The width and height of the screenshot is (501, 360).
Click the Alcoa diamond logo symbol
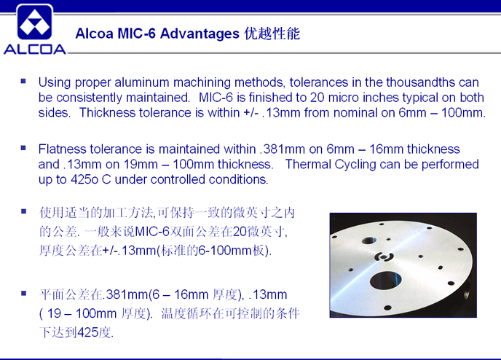[x=35, y=23]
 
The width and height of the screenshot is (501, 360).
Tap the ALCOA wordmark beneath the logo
[x=35, y=50]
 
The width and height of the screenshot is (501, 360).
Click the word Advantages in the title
[x=200, y=34]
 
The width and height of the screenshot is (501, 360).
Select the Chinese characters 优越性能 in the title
[x=272, y=34]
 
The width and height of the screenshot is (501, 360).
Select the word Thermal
[x=308, y=165]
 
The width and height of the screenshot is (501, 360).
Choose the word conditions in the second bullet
[x=238, y=179]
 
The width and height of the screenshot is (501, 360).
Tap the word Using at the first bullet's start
[x=55, y=83]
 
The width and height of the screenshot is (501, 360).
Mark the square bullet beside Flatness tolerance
[x=23, y=148]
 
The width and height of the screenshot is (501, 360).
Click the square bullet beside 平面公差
[x=23, y=293]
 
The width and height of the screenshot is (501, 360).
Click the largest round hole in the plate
[x=385, y=281]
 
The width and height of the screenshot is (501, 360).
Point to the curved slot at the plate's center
[x=384, y=256]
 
